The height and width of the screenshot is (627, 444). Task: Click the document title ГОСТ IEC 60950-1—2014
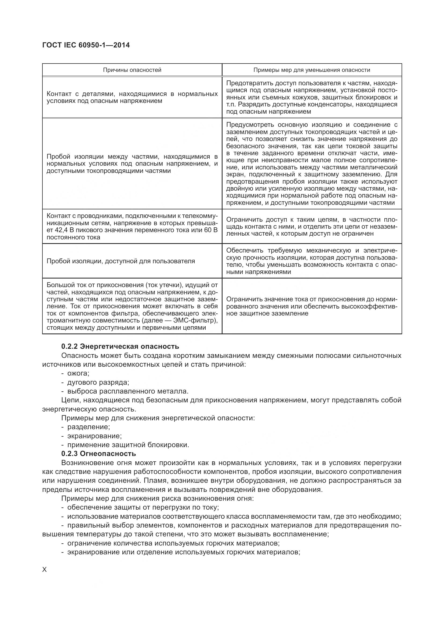tap(86, 45)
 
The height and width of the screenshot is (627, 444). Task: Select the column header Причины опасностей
tap(132, 70)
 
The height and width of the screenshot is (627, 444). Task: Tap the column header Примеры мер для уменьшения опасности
tap(312, 70)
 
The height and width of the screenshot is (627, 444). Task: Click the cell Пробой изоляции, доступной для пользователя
tap(121, 261)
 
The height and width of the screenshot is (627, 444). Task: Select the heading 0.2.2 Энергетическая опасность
tap(120, 346)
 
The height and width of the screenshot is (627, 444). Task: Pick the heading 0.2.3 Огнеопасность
tap(99, 454)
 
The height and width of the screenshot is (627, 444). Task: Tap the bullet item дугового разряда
tap(98, 382)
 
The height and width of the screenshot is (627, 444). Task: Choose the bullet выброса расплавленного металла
tap(128, 391)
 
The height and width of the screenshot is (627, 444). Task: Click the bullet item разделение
tap(89, 427)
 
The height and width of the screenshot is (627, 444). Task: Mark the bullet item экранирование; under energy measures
tap(94, 436)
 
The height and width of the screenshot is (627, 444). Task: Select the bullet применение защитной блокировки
tap(128, 444)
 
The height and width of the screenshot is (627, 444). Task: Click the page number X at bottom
tap(45, 570)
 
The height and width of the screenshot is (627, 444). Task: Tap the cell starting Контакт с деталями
tap(132, 98)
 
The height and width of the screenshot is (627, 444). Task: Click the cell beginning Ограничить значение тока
tap(312, 306)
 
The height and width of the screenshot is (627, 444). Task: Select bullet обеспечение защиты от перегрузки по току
tap(143, 507)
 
